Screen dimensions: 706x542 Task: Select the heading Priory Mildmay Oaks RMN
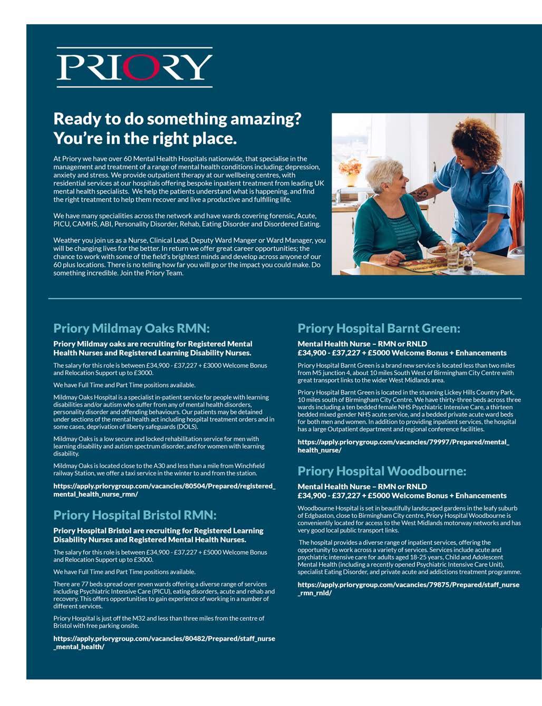131,328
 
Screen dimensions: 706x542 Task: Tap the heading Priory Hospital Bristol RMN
135,515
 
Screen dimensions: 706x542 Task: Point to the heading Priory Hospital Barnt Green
379,328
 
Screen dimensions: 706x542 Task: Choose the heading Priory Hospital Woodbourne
382,470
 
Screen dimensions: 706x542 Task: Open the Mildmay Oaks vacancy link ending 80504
164,490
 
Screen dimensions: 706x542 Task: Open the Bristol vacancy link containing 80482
164,642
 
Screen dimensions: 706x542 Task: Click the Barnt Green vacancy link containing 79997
403,446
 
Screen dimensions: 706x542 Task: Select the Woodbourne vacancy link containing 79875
408,588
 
